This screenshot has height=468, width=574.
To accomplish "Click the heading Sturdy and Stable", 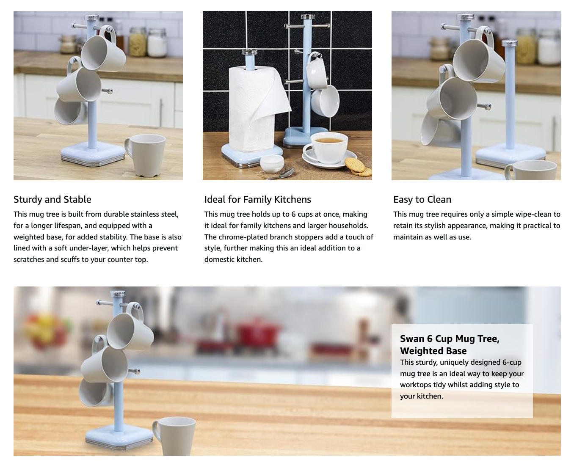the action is click(52, 199).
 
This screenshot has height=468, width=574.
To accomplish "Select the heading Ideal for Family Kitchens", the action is click(257, 199).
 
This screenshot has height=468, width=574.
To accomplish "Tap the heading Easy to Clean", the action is click(422, 199).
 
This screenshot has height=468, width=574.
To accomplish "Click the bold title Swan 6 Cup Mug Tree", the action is click(450, 339).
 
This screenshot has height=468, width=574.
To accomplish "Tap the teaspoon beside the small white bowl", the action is click(280, 175).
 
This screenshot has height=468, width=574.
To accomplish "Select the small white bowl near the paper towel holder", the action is click(272, 163).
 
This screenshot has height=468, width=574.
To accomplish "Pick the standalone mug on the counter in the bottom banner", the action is click(174, 436).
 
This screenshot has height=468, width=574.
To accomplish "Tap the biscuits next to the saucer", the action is click(358, 167).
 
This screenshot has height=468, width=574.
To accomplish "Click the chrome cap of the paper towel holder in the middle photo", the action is click(250, 52).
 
